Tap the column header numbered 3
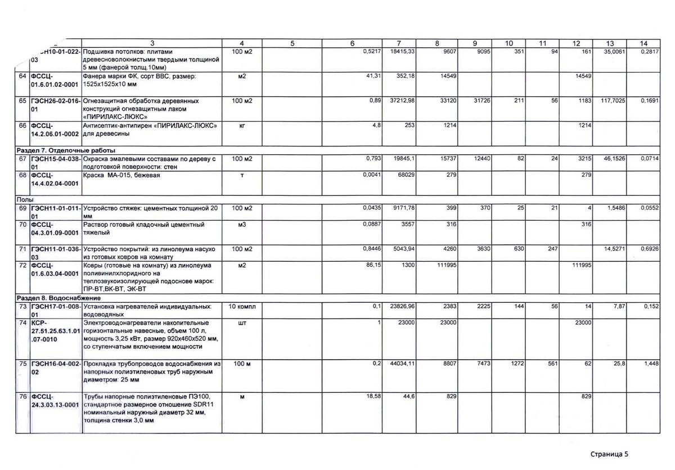[x=152, y=43]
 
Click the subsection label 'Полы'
[x=22, y=200]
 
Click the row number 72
[x=23, y=264]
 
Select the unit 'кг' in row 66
[x=242, y=126]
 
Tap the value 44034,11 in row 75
[x=402, y=365]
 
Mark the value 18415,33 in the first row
[x=402, y=51]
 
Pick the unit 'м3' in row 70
[x=242, y=225]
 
